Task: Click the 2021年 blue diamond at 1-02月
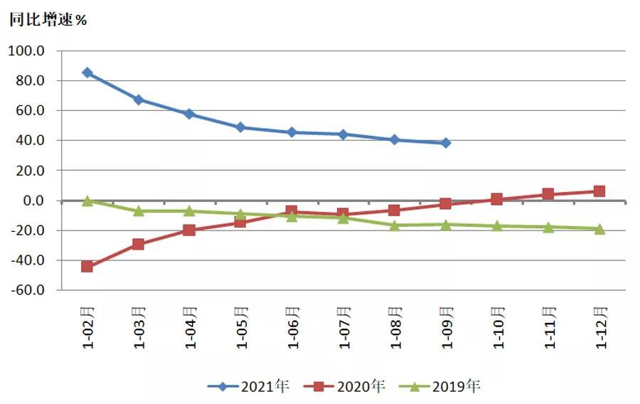(x=87, y=73)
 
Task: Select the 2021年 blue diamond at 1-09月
(x=446, y=143)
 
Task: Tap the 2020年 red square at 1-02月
(x=87, y=266)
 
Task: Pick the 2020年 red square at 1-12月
(x=599, y=191)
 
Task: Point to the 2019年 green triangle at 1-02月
(x=87, y=201)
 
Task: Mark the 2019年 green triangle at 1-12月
(x=599, y=228)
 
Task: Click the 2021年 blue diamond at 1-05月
(x=241, y=127)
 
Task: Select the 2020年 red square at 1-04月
(x=190, y=230)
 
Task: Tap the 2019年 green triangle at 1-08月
(x=395, y=225)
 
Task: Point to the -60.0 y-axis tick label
(x=28, y=290)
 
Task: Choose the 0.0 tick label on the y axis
(x=35, y=201)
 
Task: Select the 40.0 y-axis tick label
(x=31, y=141)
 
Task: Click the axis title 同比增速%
(x=48, y=20)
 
